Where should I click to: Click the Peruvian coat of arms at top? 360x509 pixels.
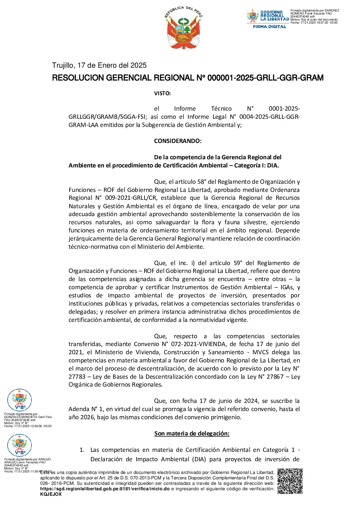pyautogui.click(x=184, y=28)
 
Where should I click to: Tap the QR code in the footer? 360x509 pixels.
pyautogui.click(x=290, y=481)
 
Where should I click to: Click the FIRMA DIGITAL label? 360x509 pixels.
pyautogui.click(x=269, y=27)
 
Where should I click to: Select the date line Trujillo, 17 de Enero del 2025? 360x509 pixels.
pyautogui.click(x=99, y=65)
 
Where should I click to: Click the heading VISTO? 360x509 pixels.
pyautogui.click(x=162, y=93)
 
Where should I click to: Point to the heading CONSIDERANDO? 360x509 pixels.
pyautogui.click(x=178, y=141)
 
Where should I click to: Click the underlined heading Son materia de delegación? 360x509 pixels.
pyautogui.click(x=192, y=433)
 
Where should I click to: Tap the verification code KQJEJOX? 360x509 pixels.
pyautogui.click(x=51, y=494)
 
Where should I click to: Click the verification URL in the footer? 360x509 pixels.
pyautogui.click(x=105, y=489)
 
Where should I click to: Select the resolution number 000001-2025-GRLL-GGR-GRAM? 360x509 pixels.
pyautogui.click(x=265, y=78)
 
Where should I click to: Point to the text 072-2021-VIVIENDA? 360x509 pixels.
pyautogui.click(x=198, y=344)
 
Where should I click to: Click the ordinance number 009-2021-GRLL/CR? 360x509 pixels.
pyautogui.click(x=131, y=198)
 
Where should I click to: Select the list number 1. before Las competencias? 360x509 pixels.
pyautogui.click(x=82, y=450)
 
